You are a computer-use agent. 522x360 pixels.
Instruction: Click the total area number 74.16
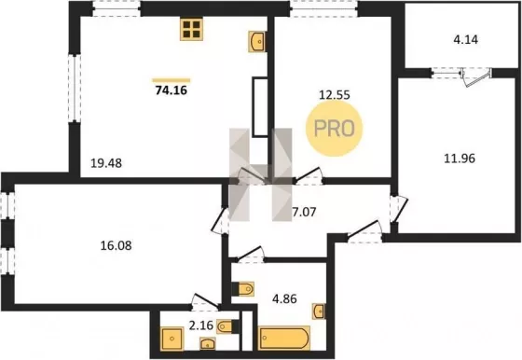[172, 90]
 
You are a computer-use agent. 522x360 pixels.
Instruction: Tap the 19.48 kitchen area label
[106, 163]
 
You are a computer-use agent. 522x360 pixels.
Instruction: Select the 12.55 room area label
[335, 95]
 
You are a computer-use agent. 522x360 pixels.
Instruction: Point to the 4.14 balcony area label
[466, 39]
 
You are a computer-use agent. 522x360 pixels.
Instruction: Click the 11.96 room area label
[460, 159]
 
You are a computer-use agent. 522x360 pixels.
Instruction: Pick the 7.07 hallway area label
[304, 212]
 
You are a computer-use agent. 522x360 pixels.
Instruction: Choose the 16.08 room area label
[116, 246]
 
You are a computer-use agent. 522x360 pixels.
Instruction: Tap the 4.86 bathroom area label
[284, 298]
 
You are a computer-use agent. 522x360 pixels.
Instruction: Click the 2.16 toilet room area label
[201, 325]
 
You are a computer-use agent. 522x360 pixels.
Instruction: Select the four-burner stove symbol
[191, 29]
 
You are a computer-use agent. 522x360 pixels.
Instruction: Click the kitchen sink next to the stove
[257, 42]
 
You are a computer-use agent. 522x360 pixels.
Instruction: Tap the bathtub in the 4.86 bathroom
[284, 338]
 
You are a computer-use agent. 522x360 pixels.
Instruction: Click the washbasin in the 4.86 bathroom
[319, 312]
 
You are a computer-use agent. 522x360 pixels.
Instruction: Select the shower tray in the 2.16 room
[172, 339]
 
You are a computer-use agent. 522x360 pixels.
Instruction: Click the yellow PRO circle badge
[335, 129]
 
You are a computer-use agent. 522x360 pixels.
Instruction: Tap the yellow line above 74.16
[172, 80]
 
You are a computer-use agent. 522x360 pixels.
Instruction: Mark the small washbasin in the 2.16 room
[208, 344]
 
